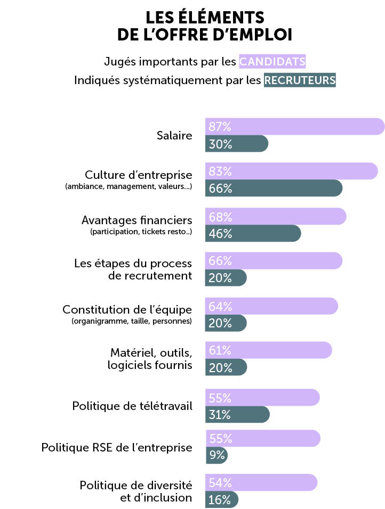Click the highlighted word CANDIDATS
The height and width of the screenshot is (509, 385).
coord(272,61)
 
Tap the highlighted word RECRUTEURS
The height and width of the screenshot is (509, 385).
coord(300,80)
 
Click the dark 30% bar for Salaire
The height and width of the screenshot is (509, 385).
coord(236,144)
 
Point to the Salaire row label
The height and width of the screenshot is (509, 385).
coord(174,135)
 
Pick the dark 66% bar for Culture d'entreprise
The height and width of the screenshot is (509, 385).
coord(274,188)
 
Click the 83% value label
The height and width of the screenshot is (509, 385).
coord(220,171)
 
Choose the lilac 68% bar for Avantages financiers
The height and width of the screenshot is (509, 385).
coord(275,217)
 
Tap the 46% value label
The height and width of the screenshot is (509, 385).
coord(220,233)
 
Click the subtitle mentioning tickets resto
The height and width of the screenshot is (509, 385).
coord(141,232)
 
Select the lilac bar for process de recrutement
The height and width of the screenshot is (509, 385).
coord(273,261)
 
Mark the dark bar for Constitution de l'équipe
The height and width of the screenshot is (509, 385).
coord(226,323)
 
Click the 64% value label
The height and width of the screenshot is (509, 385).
coord(220,307)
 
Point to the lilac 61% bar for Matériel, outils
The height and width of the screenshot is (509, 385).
coord(268,350)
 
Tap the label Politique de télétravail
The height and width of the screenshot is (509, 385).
coord(132,406)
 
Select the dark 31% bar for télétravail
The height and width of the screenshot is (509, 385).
coord(237,415)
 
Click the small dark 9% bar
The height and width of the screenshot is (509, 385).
coord(216,455)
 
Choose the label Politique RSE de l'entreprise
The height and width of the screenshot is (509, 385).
coord(117,447)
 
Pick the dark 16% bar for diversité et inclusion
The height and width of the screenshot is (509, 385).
coord(221,499)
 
